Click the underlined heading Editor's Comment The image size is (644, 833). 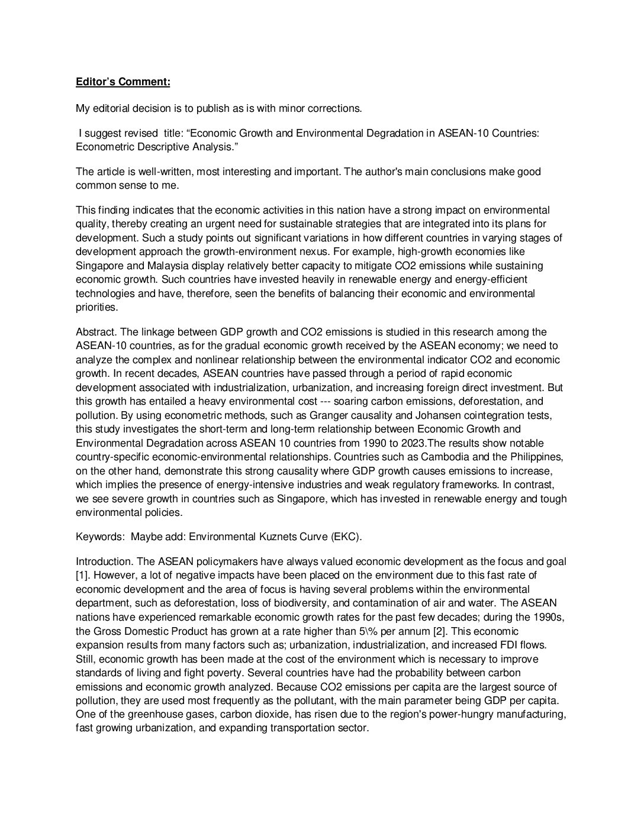123,82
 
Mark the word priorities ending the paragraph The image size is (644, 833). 97,307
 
